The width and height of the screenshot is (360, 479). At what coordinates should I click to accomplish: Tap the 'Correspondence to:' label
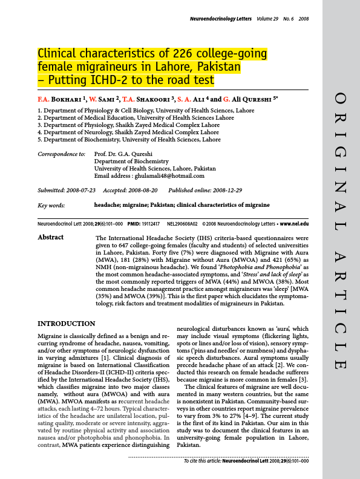(x=61, y=154)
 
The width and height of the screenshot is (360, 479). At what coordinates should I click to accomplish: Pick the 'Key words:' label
(x=51, y=206)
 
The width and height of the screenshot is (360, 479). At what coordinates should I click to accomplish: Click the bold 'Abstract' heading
(x=50, y=238)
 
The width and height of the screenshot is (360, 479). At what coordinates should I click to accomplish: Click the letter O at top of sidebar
(x=341, y=97)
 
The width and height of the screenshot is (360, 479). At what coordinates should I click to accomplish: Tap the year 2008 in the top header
(x=303, y=19)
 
